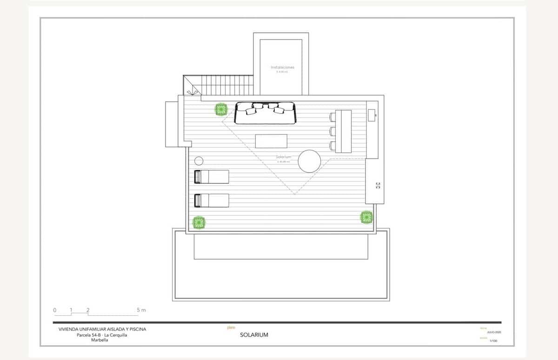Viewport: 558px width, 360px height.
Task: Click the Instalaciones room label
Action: (x=282, y=67)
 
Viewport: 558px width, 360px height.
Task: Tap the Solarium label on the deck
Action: (x=283, y=157)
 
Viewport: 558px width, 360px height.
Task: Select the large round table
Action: (x=309, y=161)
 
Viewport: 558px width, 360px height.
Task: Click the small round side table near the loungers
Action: (x=199, y=161)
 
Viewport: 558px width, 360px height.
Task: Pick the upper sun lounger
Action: (x=212, y=177)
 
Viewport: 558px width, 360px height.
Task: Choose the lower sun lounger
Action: (x=212, y=200)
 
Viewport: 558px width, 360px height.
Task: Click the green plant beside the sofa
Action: (x=221, y=110)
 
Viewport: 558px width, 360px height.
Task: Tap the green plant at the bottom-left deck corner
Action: (x=199, y=223)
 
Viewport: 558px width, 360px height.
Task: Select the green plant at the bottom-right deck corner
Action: (x=366, y=217)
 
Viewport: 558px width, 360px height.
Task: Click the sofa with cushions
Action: (x=265, y=113)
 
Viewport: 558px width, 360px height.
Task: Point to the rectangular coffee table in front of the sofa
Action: (x=271, y=141)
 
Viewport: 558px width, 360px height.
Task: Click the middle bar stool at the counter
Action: (x=332, y=131)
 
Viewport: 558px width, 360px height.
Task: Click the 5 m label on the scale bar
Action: (x=141, y=310)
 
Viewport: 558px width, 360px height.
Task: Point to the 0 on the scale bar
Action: (x=54, y=310)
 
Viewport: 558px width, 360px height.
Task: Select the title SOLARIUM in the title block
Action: (x=254, y=335)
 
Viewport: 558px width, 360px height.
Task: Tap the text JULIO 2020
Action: (x=493, y=333)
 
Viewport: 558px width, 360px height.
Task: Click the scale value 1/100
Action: (x=493, y=341)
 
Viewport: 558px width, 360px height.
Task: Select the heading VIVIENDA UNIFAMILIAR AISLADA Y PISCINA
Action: (x=102, y=329)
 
